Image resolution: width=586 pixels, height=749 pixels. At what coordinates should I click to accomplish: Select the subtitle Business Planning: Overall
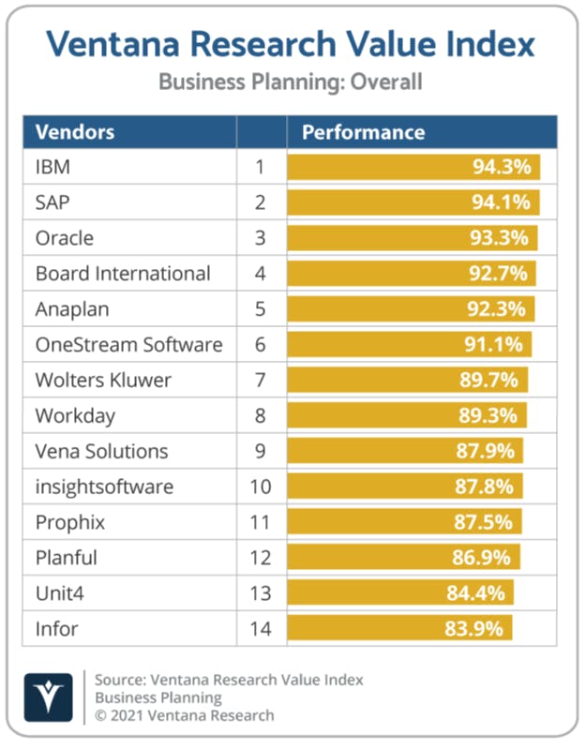tap(291, 82)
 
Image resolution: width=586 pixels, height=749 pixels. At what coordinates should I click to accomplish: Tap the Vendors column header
tap(74, 132)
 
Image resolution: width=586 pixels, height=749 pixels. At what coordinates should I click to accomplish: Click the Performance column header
tap(363, 132)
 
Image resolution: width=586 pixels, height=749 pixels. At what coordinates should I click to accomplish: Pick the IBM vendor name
tap(53, 167)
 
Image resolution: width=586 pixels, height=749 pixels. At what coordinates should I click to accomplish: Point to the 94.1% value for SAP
tap(501, 202)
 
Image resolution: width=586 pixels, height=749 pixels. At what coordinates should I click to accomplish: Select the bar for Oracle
tap(413, 238)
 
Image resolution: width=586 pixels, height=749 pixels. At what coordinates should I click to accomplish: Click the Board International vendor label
tap(123, 274)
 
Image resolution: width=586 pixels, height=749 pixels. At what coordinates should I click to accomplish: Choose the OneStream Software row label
tap(128, 344)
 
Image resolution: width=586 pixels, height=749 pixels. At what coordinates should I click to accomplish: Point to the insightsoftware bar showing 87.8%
tap(405, 487)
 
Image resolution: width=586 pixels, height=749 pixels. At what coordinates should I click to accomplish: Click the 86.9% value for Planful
tap(485, 557)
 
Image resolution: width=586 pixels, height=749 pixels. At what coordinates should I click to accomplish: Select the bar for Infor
tap(399, 628)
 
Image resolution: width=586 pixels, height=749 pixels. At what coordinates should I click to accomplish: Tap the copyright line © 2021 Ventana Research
tap(185, 715)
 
